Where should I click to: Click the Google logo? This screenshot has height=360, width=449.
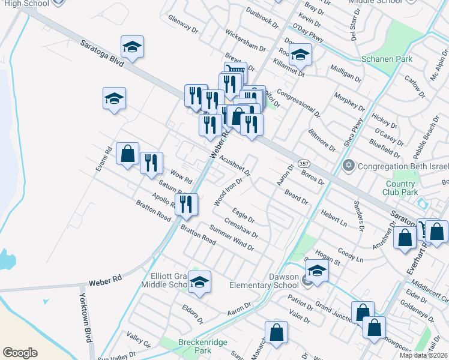pos(20,353)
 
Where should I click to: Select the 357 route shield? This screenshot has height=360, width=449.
pos(304,164)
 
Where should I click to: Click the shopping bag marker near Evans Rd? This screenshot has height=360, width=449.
pos(127,154)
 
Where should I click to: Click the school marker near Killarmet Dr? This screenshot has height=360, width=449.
pos(300,55)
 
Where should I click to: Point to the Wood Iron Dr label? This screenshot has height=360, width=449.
pos(228,191)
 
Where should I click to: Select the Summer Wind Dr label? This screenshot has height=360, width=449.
pos(232,236)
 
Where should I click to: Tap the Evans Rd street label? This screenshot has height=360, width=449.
pos(106,157)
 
